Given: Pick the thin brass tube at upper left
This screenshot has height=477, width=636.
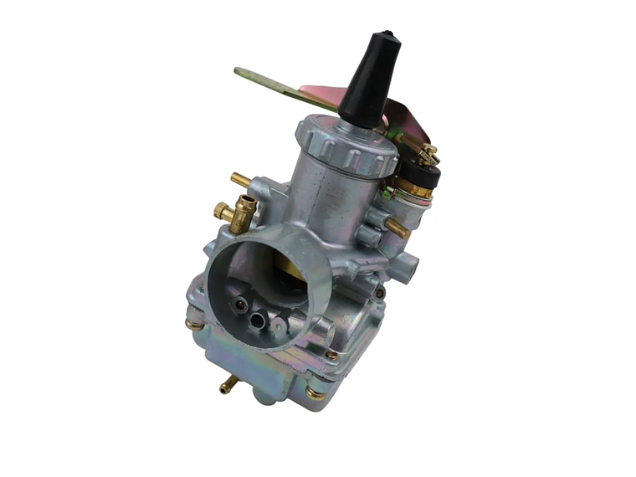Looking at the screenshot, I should [x=239, y=179].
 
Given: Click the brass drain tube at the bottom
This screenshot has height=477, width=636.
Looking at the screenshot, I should [x=227, y=387].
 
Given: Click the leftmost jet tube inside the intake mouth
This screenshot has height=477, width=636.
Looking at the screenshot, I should [x=241, y=307].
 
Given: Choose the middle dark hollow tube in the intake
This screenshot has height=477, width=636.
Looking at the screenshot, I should [x=261, y=319].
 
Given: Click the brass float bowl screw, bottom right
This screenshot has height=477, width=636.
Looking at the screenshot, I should [x=315, y=392].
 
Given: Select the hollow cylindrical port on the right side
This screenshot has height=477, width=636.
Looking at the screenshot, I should [x=408, y=266].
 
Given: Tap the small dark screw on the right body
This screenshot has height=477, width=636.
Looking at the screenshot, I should [x=380, y=293].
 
